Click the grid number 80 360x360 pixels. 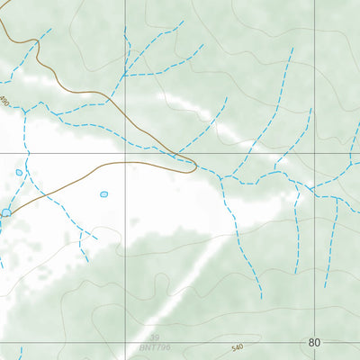[313, 343]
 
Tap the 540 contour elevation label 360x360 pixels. [237, 347]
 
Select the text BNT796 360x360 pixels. [154, 346]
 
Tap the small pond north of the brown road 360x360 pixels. [19, 172]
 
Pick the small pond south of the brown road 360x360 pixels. [103, 193]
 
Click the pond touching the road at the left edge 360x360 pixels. [6, 212]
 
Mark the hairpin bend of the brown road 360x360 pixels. [194, 165]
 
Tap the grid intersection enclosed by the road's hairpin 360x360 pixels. [125, 154]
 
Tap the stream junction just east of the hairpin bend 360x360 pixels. [221, 176]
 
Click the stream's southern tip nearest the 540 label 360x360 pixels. [261, 297]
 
